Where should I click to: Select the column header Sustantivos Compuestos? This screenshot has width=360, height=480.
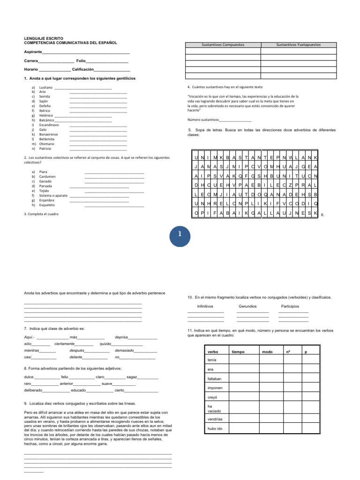[223, 45]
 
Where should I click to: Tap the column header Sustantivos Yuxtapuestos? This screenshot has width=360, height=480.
[298, 45]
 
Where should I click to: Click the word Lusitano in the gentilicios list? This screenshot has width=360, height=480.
[45, 88]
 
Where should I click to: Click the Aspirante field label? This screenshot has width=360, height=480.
[33, 52]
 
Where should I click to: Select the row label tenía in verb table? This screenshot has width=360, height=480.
[212, 360]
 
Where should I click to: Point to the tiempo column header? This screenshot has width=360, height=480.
[238, 352]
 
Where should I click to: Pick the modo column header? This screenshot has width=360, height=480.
[267, 352]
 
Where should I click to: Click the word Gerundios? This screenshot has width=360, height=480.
[247, 306]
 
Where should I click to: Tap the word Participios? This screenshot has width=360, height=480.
[290, 306]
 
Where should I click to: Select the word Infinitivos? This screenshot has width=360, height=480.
[205, 306]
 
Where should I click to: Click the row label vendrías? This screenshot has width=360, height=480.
[215, 419]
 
